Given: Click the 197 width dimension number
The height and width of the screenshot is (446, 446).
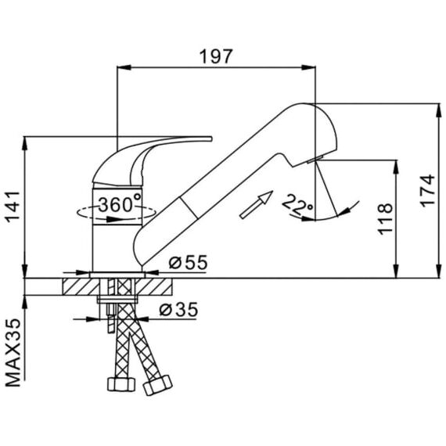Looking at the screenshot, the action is coord(216,56).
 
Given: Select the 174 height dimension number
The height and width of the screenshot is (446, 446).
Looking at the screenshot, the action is coord(427,191).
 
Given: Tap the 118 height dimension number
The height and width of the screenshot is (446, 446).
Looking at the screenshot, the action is coord(385,219).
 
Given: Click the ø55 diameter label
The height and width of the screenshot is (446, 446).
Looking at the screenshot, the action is coord(189,262).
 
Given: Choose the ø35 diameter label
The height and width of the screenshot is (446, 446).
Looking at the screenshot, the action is coord(178,310).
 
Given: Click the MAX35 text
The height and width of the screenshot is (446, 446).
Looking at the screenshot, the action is coord(13,353).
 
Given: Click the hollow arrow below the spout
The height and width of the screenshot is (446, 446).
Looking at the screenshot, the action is coord(257,204).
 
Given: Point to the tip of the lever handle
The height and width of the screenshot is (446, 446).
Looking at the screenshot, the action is coord(211,138).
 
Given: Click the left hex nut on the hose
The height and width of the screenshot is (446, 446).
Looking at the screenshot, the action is coord(120,384).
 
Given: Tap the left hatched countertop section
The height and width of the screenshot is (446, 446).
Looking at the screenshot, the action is coord(81,286).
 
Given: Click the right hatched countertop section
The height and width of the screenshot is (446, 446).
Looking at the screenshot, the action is coord(153,286).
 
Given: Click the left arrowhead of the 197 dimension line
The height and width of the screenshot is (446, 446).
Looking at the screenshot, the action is coord(124,67).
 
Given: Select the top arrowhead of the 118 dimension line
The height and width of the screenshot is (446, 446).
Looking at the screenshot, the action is coord(396,167).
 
